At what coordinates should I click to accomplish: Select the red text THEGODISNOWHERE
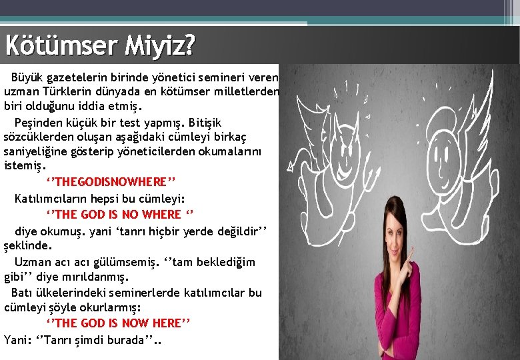(x=111, y=182)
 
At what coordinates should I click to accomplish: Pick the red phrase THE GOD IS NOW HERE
(x=118, y=323)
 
